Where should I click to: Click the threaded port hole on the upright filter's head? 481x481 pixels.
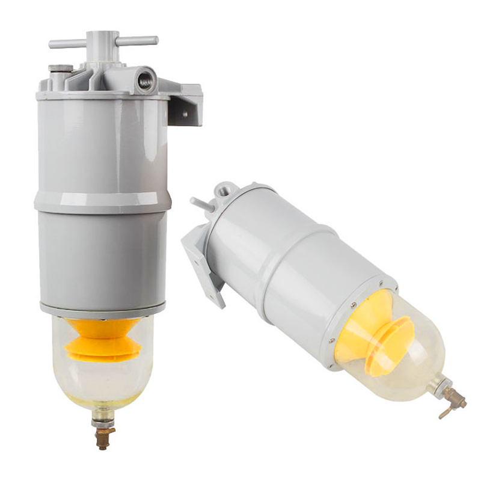[145, 81]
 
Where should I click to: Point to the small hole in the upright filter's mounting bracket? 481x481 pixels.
[185, 112]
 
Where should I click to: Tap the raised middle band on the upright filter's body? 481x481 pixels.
[102, 202]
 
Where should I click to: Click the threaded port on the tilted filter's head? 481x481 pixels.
[224, 191]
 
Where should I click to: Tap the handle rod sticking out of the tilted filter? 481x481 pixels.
[201, 204]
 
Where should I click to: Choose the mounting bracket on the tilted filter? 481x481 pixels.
[201, 265]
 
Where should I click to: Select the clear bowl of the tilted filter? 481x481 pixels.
[409, 355]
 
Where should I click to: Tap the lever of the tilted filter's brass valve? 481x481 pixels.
[444, 414]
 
